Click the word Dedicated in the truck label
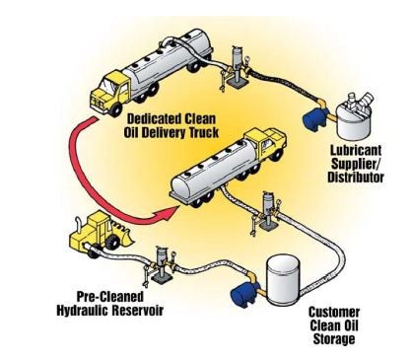[153, 118]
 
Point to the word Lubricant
[356, 150]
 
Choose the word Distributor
[356, 177]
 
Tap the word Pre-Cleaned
[110, 297]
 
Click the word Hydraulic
[83, 310]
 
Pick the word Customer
[334, 312]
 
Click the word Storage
[334, 339]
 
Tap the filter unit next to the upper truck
[238, 66]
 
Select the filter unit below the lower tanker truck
[268, 212]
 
